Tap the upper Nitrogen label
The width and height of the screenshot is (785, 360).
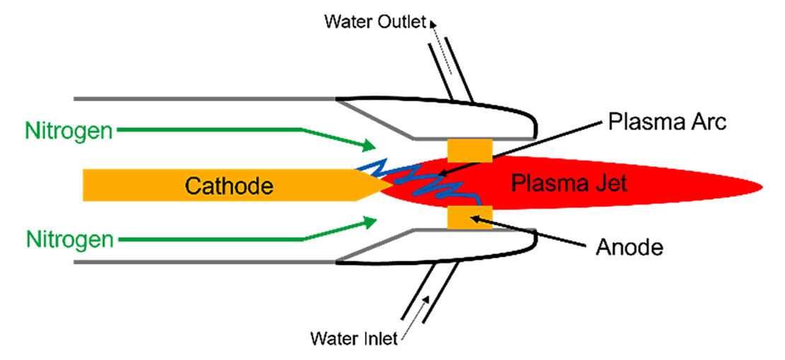coord(69,131)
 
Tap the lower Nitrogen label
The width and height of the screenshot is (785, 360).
coord(69,239)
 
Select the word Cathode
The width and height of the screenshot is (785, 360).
coord(228,186)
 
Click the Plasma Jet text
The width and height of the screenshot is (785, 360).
coord(569,185)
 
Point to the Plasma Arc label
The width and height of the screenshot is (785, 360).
coord(667,121)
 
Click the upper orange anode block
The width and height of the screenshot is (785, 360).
coord(470,150)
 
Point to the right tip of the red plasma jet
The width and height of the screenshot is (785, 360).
coord(760,187)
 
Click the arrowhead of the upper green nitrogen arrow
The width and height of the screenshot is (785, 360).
coord(368,146)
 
